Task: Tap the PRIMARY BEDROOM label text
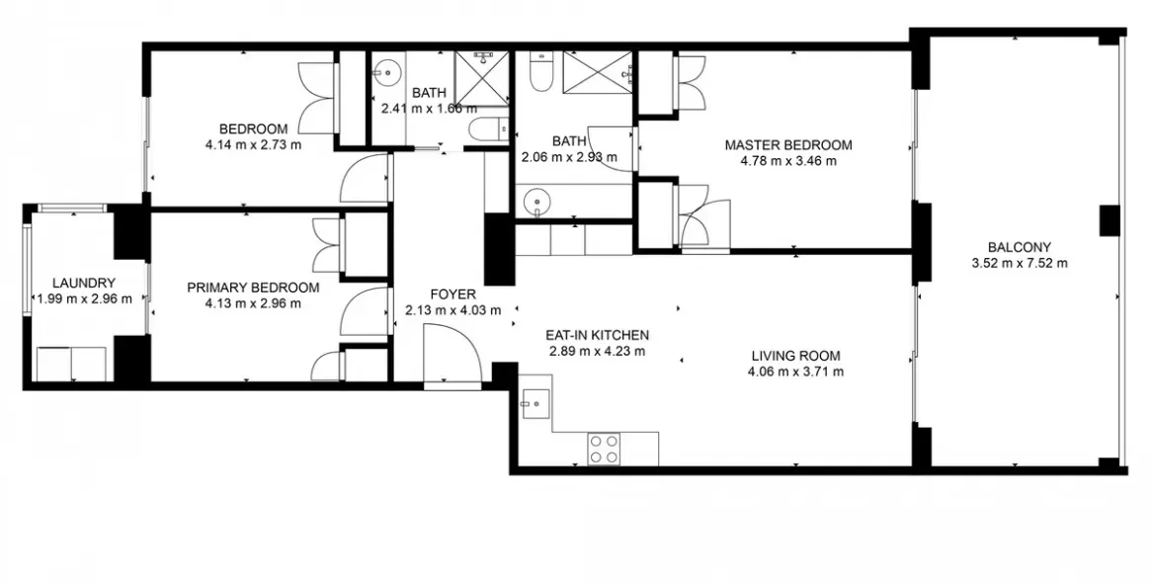click(x=253, y=288)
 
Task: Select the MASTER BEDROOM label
click(x=787, y=145)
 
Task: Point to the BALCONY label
click(x=1019, y=247)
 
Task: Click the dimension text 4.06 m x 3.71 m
click(x=796, y=373)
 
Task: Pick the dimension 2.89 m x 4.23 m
click(x=598, y=351)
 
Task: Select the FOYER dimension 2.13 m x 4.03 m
click(x=452, y=310)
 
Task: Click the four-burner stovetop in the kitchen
click(x=604, y=450)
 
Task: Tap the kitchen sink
click(x=536, y=403)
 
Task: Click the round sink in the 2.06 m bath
click(x=536, y=201)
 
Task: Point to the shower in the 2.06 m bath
click(x=598, y=71)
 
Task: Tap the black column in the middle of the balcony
click(x=1109, y=219)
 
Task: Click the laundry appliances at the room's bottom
click(x=71, y=364)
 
